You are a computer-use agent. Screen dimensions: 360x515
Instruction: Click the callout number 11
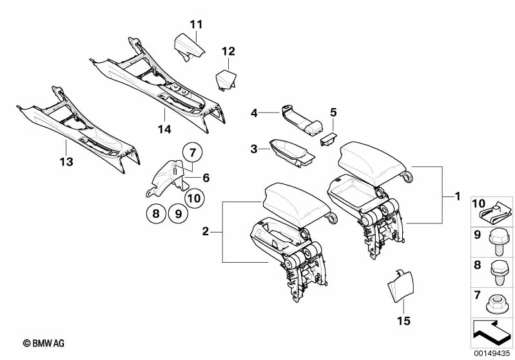click(x=196, y=24)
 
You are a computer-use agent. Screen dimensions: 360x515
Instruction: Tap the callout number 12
click(x=229, y=51)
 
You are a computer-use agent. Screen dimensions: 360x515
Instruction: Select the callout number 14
click(x=165, y=129)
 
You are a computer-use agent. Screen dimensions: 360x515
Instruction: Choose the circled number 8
click(x=155, y=213)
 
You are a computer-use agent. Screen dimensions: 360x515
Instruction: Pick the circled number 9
click(x=179, y=213)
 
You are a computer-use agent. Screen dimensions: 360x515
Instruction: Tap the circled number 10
click(x=195, y=198)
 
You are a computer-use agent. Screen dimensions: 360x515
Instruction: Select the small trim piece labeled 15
click(x=400, y=288)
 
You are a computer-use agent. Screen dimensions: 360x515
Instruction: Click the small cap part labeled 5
click(x=329, y=137)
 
